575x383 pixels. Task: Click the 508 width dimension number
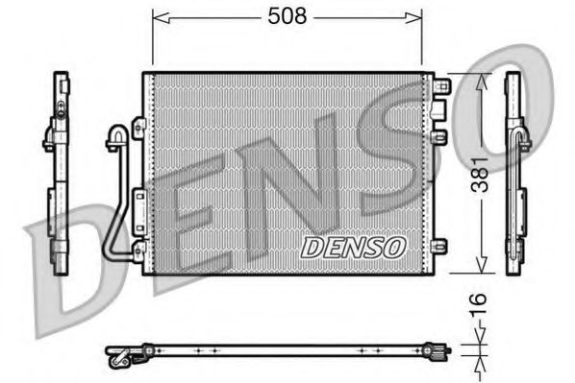pos(286,17)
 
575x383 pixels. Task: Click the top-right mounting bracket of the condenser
pos(441,87)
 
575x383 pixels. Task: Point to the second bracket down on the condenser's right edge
pos(441,137)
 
